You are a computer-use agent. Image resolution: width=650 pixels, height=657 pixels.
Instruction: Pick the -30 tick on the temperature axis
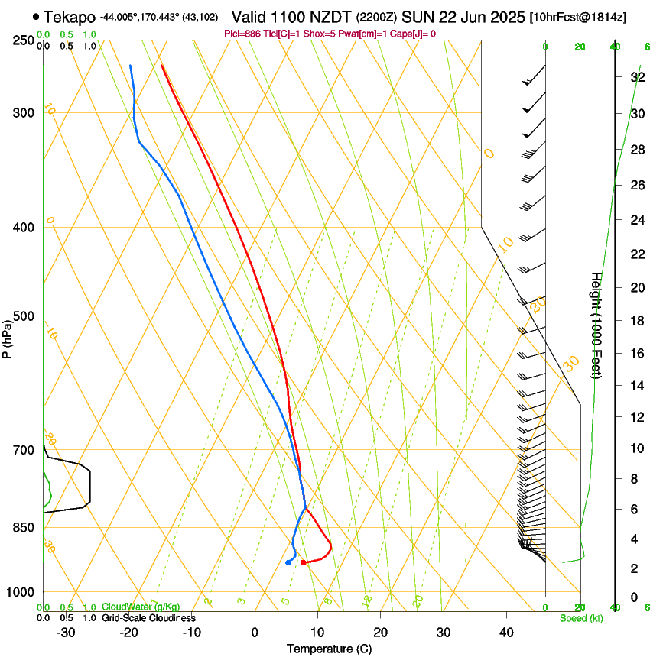66,633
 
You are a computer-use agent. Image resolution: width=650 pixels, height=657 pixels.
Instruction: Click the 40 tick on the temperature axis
506,633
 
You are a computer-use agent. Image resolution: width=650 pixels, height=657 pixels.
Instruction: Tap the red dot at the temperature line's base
304,562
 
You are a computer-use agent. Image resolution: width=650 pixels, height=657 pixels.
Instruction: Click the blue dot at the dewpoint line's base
288,562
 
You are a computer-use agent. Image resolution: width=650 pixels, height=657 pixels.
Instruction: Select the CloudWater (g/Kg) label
141,607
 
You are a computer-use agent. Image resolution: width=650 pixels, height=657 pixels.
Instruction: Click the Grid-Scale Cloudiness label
148,617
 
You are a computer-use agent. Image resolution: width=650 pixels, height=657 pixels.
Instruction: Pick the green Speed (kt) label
580,617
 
